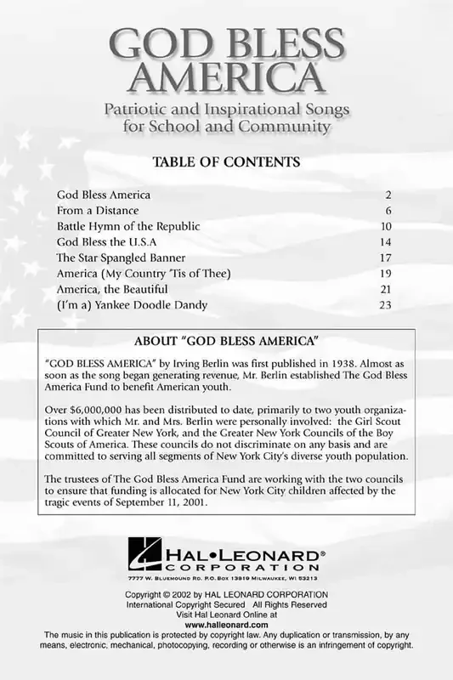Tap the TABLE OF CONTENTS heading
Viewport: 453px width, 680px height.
point(225,161)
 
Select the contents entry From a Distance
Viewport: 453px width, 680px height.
point(98,210)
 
